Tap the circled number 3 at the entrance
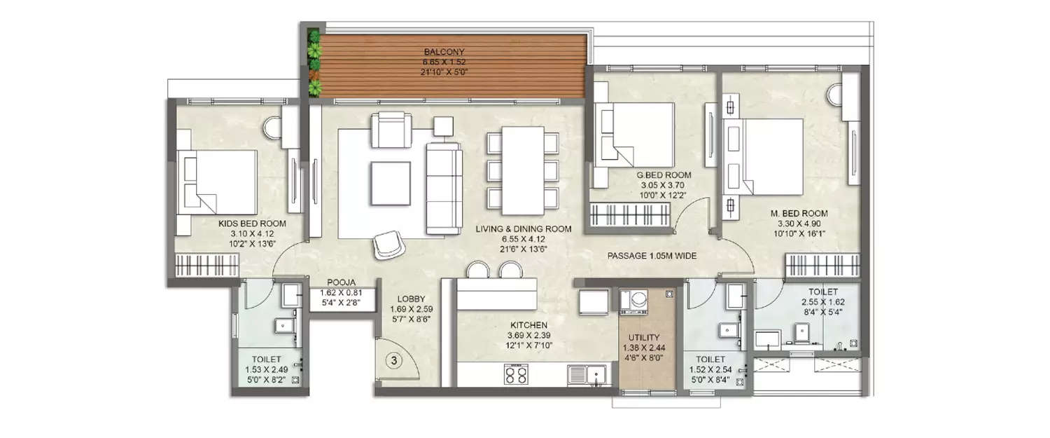click(x=394, y=362)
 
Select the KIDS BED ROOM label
click(x=252, y=224)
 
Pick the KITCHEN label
click(x=528, y=325)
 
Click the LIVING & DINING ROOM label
click(x=523, y=228)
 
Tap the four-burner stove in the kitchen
click(x=517, y=376)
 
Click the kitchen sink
click(x=587, y=376)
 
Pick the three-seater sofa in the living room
click(x=444, y=187)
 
